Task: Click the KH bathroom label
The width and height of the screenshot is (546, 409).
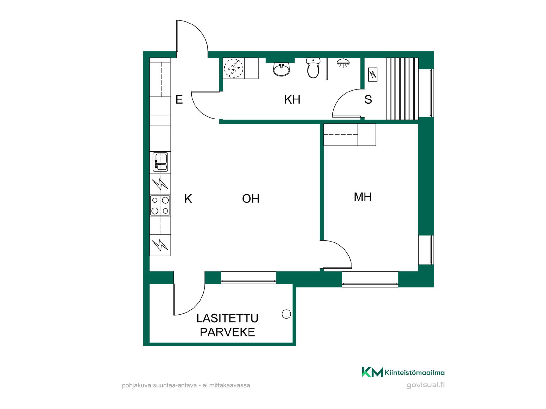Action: click(292, 100)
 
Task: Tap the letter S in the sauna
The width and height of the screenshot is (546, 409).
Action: click(368, 100)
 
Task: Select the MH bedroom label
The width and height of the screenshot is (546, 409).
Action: click(363, 197)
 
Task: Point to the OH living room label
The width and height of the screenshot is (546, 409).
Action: click(251, 199)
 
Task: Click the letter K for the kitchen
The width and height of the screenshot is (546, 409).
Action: click(188, 199)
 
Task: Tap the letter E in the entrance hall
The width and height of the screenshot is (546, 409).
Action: click(179, 100)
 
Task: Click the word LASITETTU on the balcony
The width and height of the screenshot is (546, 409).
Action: click(227, 318)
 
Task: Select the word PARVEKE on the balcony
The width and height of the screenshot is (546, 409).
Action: click(227, 332)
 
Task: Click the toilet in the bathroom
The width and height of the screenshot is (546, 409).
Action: click(313, 68)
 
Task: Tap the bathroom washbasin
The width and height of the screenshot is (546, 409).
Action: click(282, 69)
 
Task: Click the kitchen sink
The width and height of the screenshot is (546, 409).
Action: click(160, 162)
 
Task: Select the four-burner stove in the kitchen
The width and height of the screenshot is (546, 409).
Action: click(160, 205)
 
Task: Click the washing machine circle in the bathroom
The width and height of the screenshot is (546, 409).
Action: click(234, 68)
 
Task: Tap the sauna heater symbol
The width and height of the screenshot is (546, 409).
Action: click(373, 75)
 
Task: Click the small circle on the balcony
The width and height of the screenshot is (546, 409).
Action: click(286, 314)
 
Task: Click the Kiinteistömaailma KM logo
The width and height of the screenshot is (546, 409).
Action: click(372, 372)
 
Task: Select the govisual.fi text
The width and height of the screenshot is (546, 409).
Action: click(425, 385)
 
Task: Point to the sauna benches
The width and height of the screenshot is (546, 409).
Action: click(402, 89)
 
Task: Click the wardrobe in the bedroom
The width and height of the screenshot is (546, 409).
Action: click(350, 135)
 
